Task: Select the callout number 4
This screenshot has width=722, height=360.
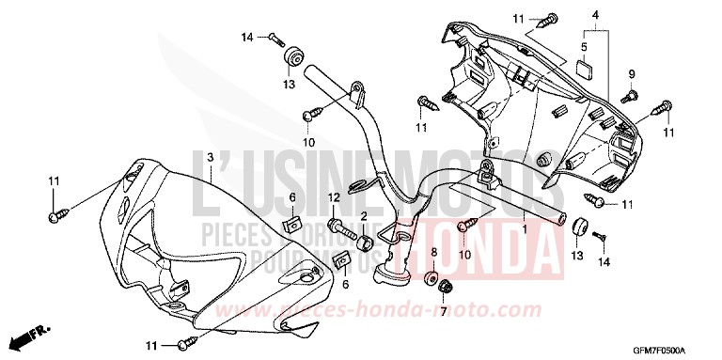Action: pyautogui.click(x=596, y=14)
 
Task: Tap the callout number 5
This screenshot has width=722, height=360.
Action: pyautogui.click(x=584, y=46)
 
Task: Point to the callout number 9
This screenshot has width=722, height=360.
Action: pyautogui.click(x=632, y=73)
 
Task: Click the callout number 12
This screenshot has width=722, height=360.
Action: pyautogui.click(x=334, y=196)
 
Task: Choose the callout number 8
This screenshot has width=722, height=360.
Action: pyautogui.click(x=433, y=252)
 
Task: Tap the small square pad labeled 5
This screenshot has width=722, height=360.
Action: pyautogui.click(x=584, y=66)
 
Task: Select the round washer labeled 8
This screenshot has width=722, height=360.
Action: pyautogui.click(x=432, y=279)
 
